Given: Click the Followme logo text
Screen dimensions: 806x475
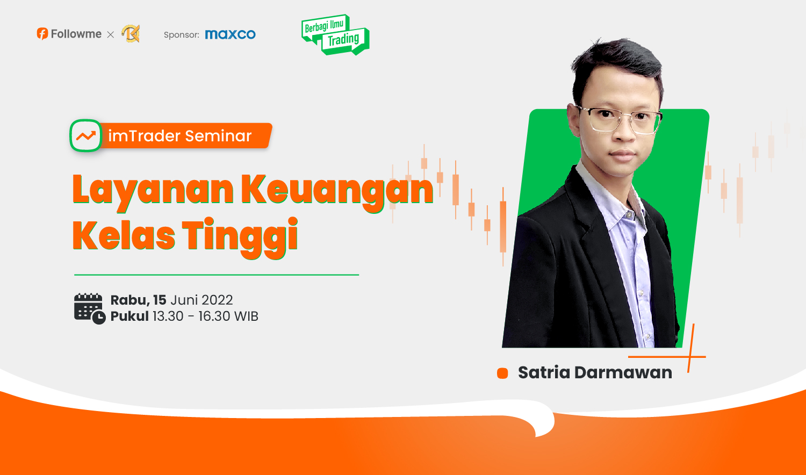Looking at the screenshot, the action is pyautogui.click(x=76, y=34).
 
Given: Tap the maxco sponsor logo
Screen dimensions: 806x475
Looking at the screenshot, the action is pyautogui.click(x=231, y=34).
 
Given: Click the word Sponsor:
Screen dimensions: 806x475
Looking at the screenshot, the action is pyautogui.click(x=182, y=35).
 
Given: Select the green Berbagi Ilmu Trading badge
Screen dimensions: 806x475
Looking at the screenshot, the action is pyautogui.click(x=335, y=34).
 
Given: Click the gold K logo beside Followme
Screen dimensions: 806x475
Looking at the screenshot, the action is pyautogui.click(x=131, y=34).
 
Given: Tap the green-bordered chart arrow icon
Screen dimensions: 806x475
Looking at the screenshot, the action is pyautogui.click(x=85, y=135).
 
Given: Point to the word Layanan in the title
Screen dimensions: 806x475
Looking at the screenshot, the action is pyautogui.click(x=153, y=191).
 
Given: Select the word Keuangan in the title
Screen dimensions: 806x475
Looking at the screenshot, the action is pyautogui.click(x=337, y=191).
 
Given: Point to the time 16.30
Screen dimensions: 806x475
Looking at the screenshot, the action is pyautogui.click(x=214, y=316).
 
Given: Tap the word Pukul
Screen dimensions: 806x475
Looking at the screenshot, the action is pyautogui.click(x=129, y=316).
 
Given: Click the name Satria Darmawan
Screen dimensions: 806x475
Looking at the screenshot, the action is pyautogui.click(x=595, y=372).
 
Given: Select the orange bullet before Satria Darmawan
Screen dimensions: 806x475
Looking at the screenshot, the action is pyautogui.click(x=502, y=373).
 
